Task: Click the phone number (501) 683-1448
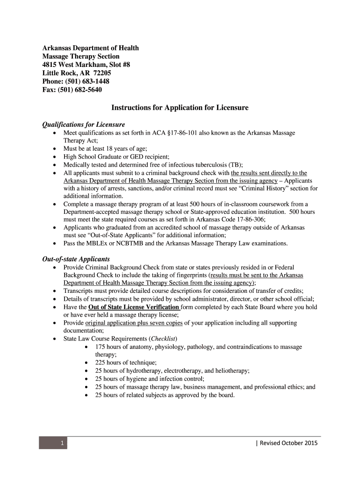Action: pos(88,81)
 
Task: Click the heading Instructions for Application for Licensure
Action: pos(180,108)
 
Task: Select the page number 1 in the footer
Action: pos(62,443)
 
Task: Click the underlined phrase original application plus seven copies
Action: pos(134,323)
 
